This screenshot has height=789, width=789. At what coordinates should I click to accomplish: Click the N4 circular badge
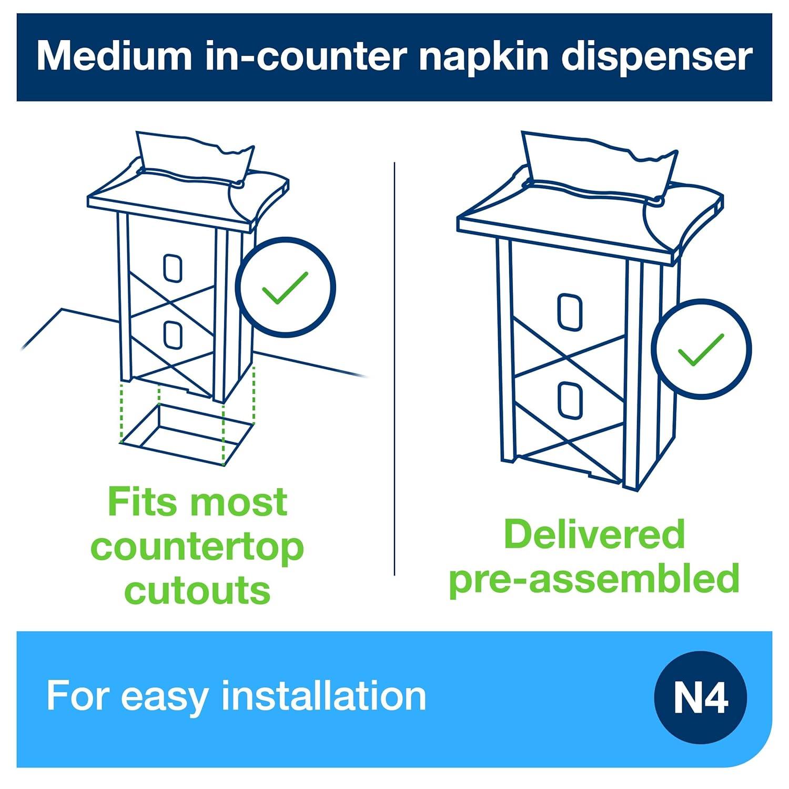tap(700, 697)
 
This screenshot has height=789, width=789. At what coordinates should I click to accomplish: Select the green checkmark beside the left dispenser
tap(285, 287)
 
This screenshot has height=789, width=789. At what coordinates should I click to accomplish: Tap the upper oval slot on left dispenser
tap(173, 268)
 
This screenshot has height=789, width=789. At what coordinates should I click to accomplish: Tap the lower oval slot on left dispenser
tap(173, 336)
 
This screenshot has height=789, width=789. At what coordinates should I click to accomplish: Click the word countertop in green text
tap(197, 548)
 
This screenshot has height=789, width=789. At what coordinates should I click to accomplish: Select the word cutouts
tap(197, 590)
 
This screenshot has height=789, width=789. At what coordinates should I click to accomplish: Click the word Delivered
tap(594, 534)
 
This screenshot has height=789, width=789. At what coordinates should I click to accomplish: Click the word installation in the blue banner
tap(323, 696)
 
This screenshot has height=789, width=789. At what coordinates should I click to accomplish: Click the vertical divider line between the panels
tap(394, 368)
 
